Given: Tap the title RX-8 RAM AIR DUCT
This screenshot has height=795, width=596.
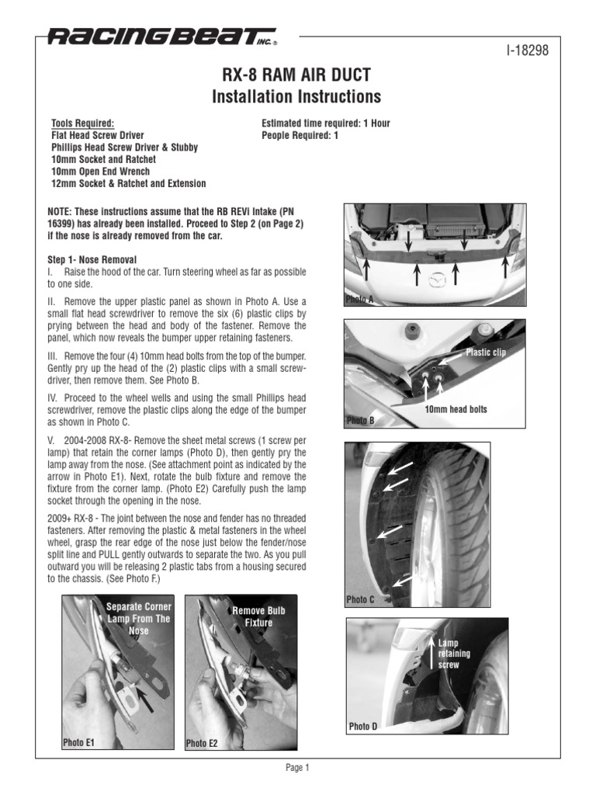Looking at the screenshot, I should (x=297, y=75).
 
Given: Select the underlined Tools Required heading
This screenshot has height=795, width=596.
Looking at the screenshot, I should (x=82, y=123).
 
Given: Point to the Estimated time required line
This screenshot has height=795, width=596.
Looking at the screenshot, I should (x=326, y=123).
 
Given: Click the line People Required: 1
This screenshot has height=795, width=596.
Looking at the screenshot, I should (x=300, y=135).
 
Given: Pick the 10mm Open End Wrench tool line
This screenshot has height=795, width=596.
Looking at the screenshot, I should (x=100, y=171).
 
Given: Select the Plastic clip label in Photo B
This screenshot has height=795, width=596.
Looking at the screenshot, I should (x=485, y=353).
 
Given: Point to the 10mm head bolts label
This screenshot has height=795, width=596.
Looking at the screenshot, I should (x=456, y=409).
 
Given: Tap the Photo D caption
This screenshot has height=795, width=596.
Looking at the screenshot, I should (x=362, y=727).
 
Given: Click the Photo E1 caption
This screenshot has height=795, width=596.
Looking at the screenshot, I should (x=78, y=742).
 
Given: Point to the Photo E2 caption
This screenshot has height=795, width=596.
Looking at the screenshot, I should (x=202, y=743).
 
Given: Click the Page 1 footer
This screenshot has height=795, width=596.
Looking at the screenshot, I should (x=297, y=769).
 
